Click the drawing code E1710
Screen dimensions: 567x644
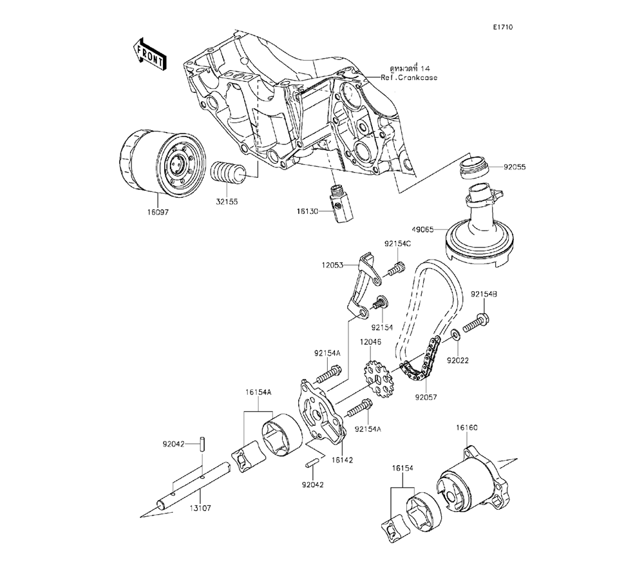click(503, 28)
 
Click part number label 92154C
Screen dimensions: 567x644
click(398, 244)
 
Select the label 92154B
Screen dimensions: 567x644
click(484, 294)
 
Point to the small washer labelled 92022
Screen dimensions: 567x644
click(455, 335)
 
